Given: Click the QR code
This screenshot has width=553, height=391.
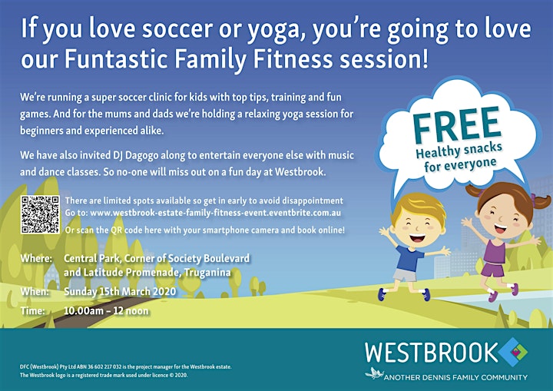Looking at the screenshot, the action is pyautogui.click(x=40, y=214).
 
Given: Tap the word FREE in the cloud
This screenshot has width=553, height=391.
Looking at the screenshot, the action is pyautogui.click(x=457, y=125).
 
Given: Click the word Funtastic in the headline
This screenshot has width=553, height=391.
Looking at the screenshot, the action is pyautogui.click(x=116, y=58).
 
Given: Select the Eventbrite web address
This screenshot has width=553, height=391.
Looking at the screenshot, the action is pyautogui.click(x=216, y=213).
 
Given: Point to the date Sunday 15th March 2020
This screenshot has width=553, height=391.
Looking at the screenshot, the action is pyautogui.click(x=120, y=291).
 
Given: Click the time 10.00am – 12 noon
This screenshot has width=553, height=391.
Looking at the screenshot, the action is pyautogui.click(x=106, y=311).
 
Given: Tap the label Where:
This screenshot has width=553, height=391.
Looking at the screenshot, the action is pyautogui.click(x=36, y=258).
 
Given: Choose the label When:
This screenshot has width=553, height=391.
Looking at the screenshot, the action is pyautogui.click(x=35, y=291).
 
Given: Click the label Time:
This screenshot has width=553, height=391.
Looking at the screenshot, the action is pyautogui.click(x=32, y=311).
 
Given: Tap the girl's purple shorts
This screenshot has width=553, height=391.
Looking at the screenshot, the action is pyautogui.click(x=492, y=270).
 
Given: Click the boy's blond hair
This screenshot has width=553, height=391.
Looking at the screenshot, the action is pyautogui.click(x=419, y=207).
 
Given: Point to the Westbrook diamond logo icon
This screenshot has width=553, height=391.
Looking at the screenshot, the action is pyautogui.click(x=513, y=352).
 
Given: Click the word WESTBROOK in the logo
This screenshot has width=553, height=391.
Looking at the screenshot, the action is pyautogui.click(x=431, y=352).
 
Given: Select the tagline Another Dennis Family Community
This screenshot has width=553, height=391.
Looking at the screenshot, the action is pyautogui.click(x=455, y=378).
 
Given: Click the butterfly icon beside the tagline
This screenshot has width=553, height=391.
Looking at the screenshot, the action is pyautogui.click(x=374, y=373).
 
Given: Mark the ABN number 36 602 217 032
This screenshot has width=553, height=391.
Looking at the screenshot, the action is pyautogui.click(x=96, y=366).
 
